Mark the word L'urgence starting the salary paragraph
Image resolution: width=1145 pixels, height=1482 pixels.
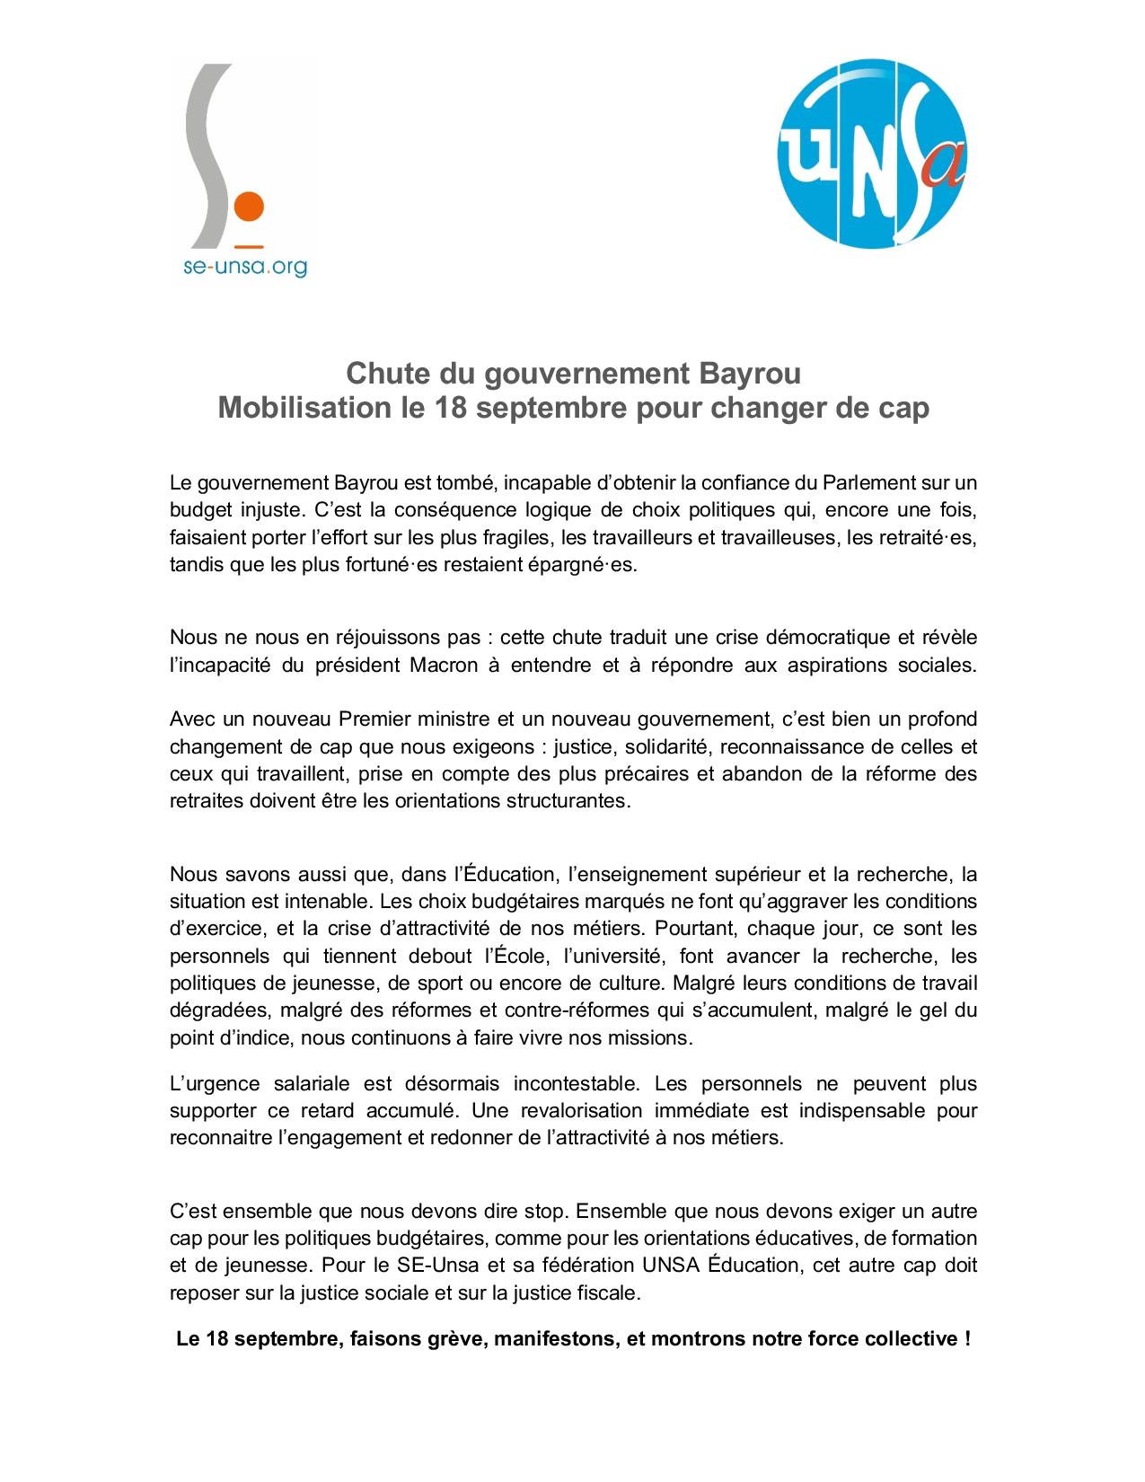pyautogui.click(x=215, y=1083)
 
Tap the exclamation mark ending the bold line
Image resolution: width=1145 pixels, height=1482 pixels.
pyautogui.click(x=965, y=1339)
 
